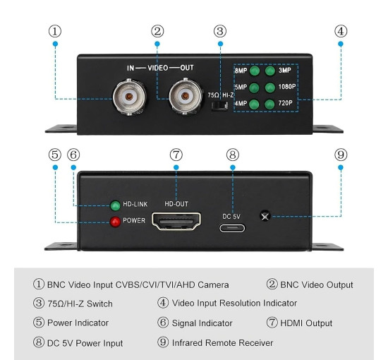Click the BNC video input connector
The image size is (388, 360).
click(129, 97)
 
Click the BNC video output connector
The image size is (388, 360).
click(186, 96)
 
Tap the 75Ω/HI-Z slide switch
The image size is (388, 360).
click(219, 105)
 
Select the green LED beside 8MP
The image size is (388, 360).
click(255, 71)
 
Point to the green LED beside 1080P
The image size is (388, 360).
click(270, 88)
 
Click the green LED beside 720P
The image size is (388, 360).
click(269, 104)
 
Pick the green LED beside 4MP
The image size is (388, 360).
click(254, 104)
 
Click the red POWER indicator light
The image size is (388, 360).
click(115, 222)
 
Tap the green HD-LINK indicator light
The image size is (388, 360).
click(115, 205)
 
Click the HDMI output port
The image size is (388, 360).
click(176, 221)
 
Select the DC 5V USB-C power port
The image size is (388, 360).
click(232, 228)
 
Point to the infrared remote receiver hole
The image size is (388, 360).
click(265, 216)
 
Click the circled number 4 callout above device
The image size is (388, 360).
click(341, 31)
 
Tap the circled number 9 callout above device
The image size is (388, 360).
click(341, 155)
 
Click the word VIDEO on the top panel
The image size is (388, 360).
click(158, 68)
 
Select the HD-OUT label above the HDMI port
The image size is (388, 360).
click(176, 204)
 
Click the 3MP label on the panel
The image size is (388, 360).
click(285, 71)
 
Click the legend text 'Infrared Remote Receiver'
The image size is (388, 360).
click(222, 343)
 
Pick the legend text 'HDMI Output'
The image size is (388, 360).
click(306, 323)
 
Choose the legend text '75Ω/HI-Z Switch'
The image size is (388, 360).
click(80, 304)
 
